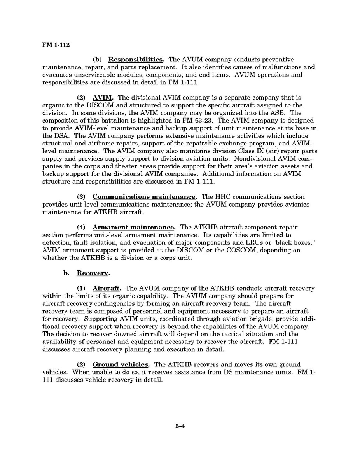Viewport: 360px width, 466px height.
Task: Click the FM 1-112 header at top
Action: pyautogui.click(x=56, y=45)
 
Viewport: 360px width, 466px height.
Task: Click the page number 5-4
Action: pyautogui.click(x=180, y=437)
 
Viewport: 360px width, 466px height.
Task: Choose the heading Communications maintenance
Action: pyautogui.click(x=145, y=197)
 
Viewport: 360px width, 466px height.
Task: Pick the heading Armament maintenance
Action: pyautogui.click(x=134, y=227)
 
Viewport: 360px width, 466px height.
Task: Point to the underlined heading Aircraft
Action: pyautogui.click(x=107, y=288)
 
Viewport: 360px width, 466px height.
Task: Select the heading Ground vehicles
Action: pyautogui.click(x=121, y=364)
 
